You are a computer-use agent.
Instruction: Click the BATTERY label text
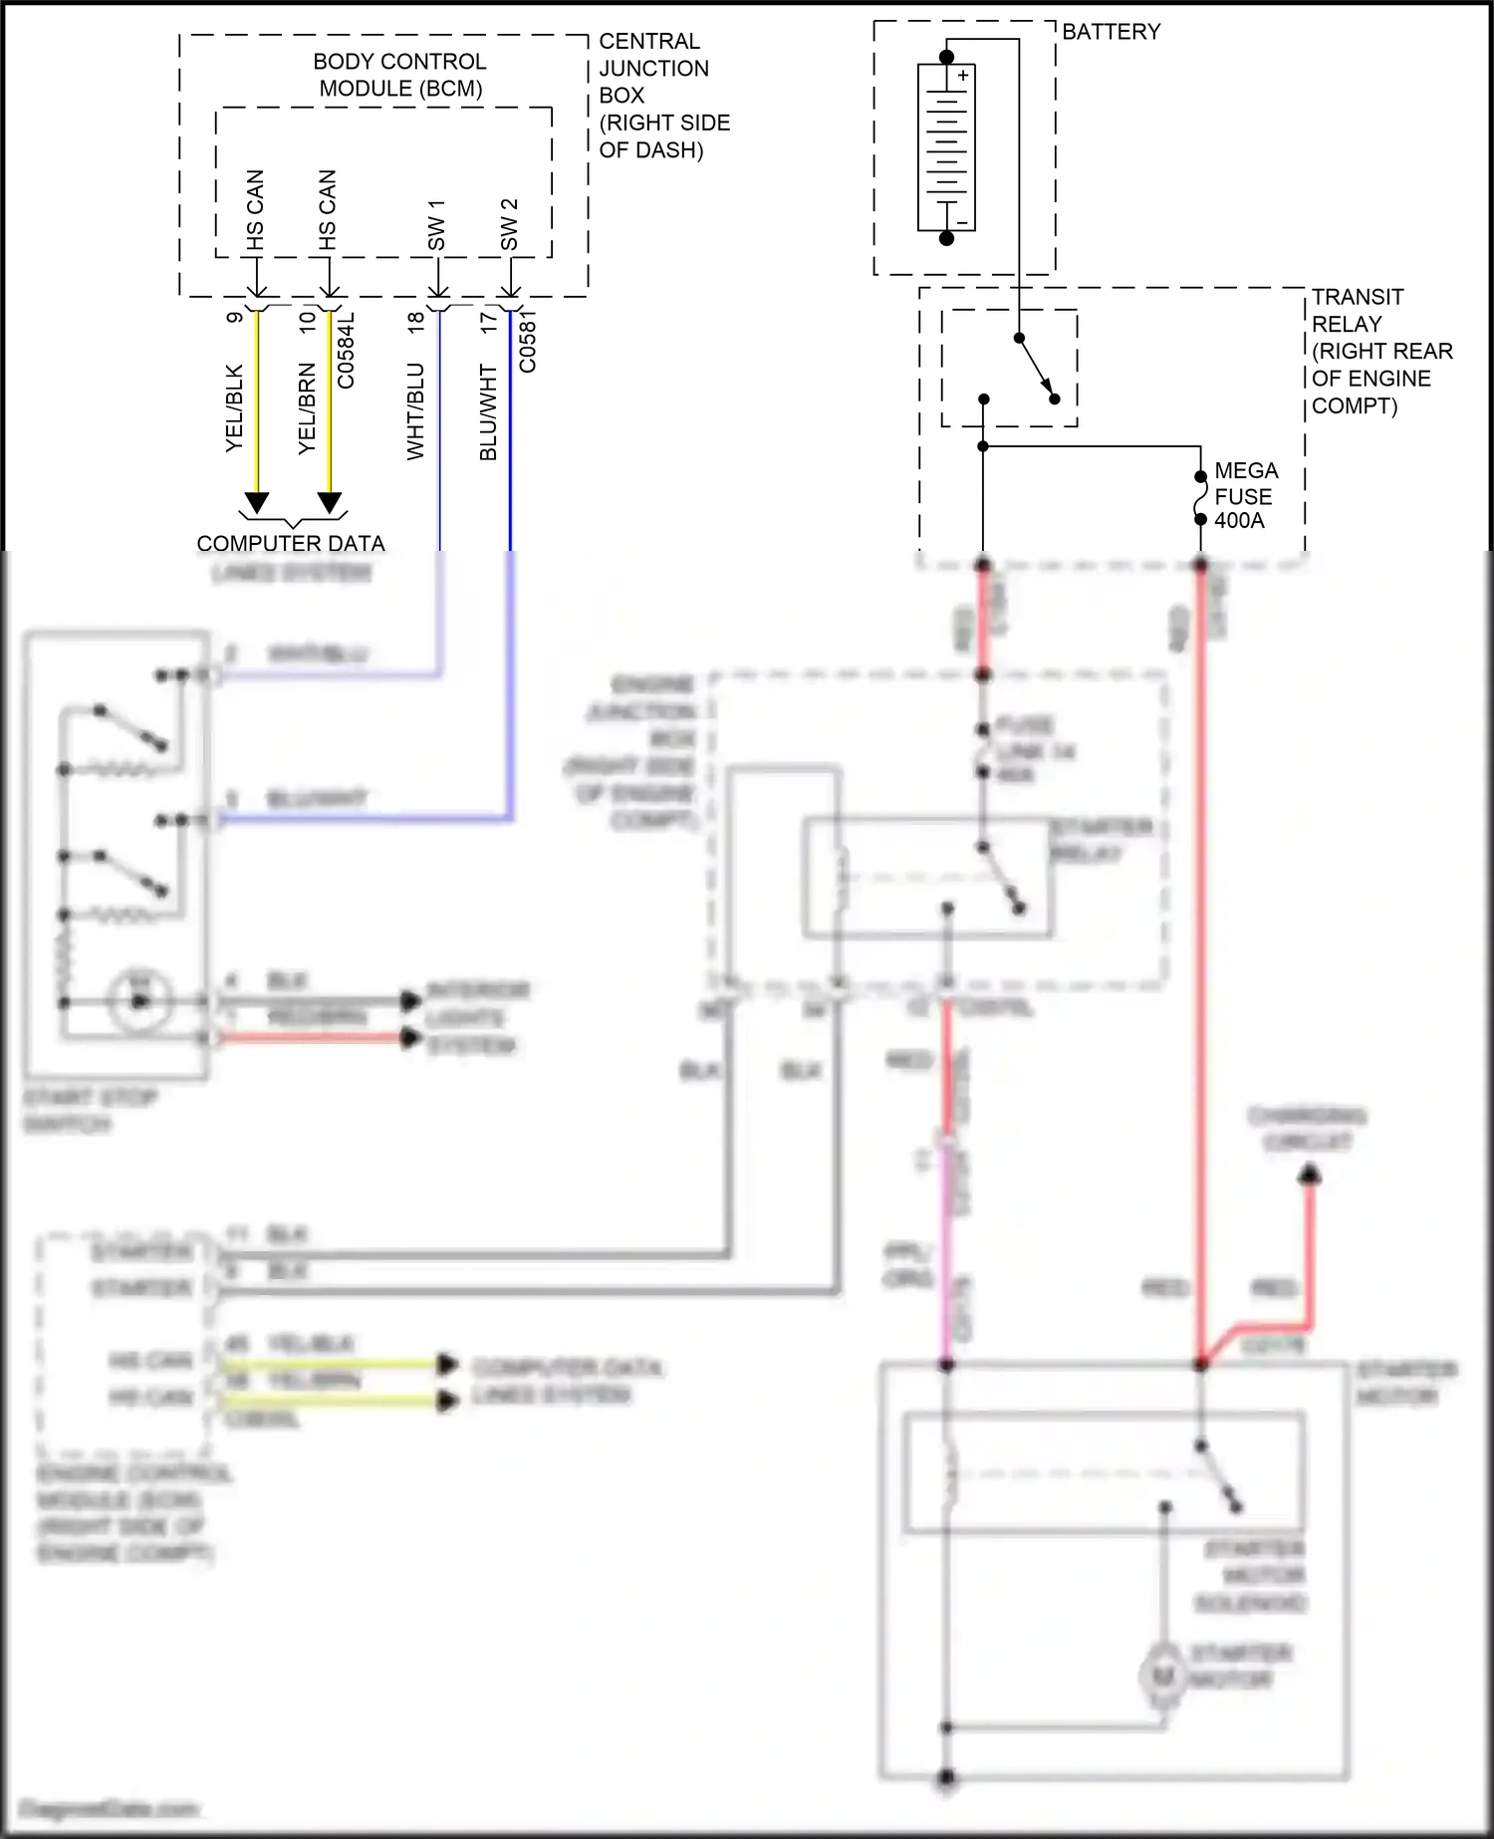click(x=1111, y=32)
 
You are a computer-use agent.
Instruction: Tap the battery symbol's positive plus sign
click(x=963, y=76)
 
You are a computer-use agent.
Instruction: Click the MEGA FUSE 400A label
click(x=1244, y=495)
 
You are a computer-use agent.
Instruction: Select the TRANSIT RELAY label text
click(x=1379, y=351)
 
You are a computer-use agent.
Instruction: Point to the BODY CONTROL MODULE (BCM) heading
click(x=399, y=75)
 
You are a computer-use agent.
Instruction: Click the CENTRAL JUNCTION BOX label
click(x=662, y=96)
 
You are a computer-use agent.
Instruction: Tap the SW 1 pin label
click(x=436, y=225)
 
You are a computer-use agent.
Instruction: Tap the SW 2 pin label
click(x=509, y=225)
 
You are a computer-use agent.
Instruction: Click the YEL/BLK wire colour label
click(x=234, y=408)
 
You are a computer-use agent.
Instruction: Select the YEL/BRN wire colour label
click(x=307, y=408)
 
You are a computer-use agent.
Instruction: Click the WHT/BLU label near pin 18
click(x=415, y=410)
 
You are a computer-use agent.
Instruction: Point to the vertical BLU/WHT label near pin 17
click(x=488, y=412)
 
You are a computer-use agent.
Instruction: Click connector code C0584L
click(x=346, y=351)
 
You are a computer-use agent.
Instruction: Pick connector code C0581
click(x=528, y=341)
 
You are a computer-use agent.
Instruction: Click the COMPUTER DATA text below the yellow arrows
click(x=290, y=544)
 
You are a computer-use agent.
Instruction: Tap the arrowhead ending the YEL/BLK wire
click(x=257, y=503)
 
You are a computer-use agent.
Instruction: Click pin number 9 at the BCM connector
click(x=234, y=317)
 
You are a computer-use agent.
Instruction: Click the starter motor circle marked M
click(x=1161, y=1676)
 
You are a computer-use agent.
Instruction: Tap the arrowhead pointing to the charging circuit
click(x=1310, y=1177)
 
